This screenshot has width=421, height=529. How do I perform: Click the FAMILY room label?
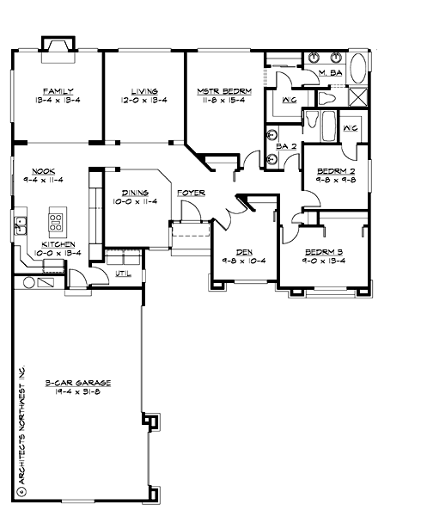tap(58, 90)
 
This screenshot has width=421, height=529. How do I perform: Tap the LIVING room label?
tap(143, 90)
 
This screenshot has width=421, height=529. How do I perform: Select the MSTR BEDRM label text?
tap(224, 90)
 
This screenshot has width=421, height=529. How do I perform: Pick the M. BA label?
tap(330, 75)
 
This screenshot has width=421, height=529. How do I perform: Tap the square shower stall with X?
tap(358, 95)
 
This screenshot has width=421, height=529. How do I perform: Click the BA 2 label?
tap(287, 146)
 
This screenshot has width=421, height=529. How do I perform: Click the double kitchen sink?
tap(21, 226)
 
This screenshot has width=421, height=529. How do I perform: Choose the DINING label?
tap(137, 193)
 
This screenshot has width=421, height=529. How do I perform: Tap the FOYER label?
tap(191, 193)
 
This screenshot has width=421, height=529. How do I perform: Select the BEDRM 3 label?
tap(323, 252)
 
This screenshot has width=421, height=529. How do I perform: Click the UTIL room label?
tap(123, 274)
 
